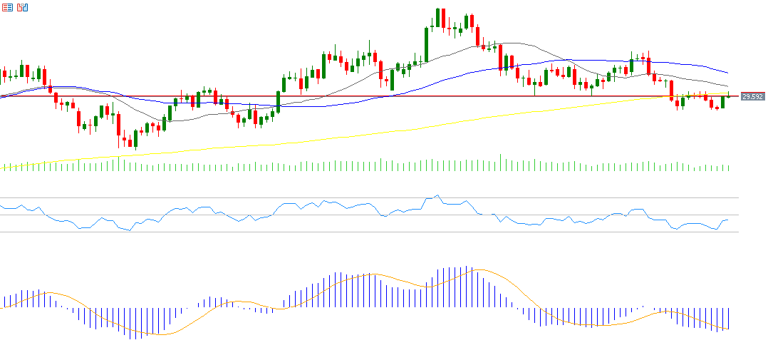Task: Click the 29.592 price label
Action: (752, 96)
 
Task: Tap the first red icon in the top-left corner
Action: (6, 7)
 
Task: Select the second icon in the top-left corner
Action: (23, 7)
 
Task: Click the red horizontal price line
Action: (356, 96)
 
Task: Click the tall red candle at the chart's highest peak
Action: (443, 19)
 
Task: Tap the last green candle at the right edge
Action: (722, 102)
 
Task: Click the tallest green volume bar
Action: (500, 163)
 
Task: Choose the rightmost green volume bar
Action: (729, 168)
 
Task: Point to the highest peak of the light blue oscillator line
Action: (437, 195)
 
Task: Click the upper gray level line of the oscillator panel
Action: (356, 197)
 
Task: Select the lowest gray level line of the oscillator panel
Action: (356, 232)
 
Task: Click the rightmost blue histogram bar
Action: (729, 319)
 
